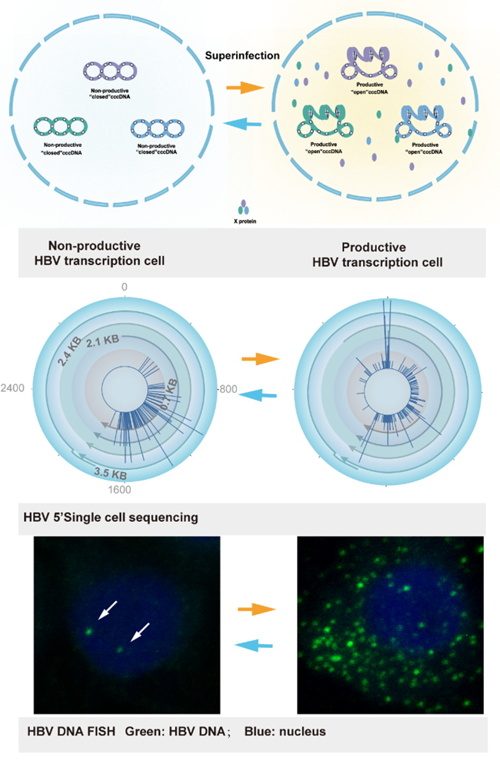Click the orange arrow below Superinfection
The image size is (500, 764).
coord(242,88)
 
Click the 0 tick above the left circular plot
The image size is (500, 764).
coord(123,287)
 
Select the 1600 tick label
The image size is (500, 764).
coord(123,489)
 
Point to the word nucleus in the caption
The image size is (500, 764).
coord(299,731)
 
